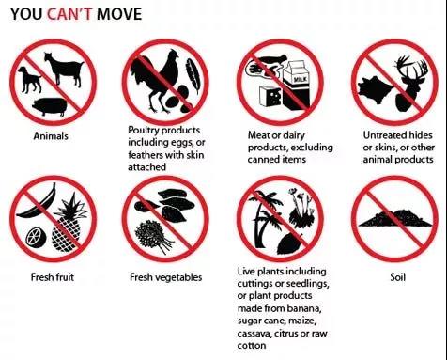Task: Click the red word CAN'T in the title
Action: tap(69, 14)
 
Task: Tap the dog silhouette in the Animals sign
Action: tap(29, 80)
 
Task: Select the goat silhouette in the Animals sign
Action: tap(64, 70)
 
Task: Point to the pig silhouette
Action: tap(50, 106)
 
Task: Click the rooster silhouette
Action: tap(155, 81)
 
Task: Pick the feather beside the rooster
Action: tap(193, 76)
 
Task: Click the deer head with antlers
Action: tap(411, 84)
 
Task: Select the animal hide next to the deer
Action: tap(374, 87)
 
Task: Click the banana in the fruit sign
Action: tap(39, 203)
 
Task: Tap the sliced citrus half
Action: tap(36, 237)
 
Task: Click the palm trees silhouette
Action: tap(266, 218)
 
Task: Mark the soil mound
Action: tap(395, 218)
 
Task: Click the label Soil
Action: tap(398, 277)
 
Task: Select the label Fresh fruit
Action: tap(53, 277)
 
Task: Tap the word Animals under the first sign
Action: tap(51, 136)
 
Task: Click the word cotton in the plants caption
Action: tap(252, 346)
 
